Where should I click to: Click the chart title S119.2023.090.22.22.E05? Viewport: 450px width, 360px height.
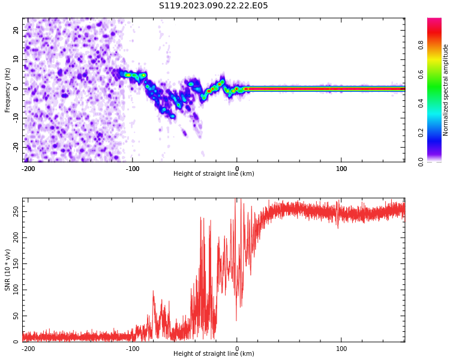point(213,6)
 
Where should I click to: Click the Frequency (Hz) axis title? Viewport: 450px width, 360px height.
point(8,90)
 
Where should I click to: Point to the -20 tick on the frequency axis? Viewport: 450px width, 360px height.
point(16,147)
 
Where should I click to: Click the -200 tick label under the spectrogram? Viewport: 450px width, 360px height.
point(28,169)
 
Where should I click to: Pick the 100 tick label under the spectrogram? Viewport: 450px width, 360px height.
point(341,169)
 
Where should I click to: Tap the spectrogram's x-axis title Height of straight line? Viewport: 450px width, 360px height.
point(214,174)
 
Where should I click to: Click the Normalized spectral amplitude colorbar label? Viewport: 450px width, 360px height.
point(446,90)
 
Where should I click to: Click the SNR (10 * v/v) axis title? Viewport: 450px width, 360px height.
point(8,270)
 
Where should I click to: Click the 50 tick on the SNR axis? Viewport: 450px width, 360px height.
point(16,316)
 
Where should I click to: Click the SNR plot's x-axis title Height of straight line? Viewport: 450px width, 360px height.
point(214,354)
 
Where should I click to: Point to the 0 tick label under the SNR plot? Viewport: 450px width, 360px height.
point(237,349)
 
